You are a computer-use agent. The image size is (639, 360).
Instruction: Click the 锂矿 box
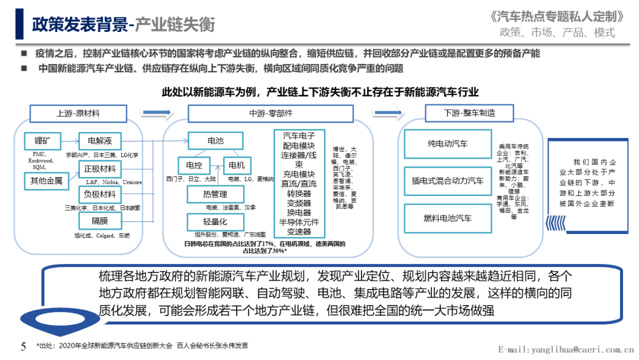click(x=42, y=141)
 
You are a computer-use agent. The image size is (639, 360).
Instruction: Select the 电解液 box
click(x=99, y=141)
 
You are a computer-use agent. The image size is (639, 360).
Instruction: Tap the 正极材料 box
click(x=99, y=169)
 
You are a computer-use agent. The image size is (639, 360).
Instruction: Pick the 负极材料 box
click(x=99, y=195)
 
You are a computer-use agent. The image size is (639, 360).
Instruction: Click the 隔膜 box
click(x=99, y=221)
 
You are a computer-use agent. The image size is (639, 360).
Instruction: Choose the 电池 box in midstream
click(x=215, y=141)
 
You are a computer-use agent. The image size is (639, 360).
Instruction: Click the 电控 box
click(x=194, y=165)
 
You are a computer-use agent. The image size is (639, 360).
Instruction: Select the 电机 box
click(x=237, y=165)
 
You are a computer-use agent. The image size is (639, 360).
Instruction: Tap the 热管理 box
click(x=215, y=194)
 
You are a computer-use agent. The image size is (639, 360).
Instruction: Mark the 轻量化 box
click(x=215, y=221)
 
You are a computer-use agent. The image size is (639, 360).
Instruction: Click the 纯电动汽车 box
click(x=447, y=144)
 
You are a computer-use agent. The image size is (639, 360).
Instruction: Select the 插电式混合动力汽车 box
click(x=447, y=181)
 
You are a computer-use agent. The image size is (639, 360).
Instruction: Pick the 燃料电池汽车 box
click(x=447, y=218)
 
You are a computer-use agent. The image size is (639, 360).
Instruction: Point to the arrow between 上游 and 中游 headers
click(x=155, y=112)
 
